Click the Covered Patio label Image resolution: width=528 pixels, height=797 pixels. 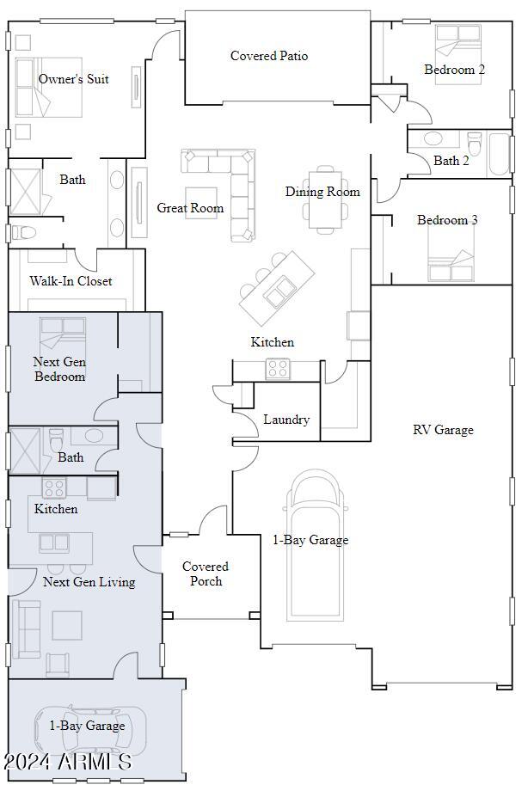[x=269, y=56]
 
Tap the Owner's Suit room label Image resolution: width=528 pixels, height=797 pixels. [x=74, y=79]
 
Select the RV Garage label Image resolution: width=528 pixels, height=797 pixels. [x=443, y=430]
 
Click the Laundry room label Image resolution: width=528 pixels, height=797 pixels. [x=286, y=420]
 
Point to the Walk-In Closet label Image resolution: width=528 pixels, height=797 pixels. [x=71, y=281]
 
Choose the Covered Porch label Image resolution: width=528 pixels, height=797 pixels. [x=206, y=573]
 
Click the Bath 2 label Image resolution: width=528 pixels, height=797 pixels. [x=451, y=161]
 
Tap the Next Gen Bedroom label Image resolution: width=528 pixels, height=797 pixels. [x=60, y=369]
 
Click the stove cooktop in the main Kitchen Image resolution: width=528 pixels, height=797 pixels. [x=278, y=369]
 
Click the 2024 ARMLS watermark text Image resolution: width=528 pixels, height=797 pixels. [x=67, y=762]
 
